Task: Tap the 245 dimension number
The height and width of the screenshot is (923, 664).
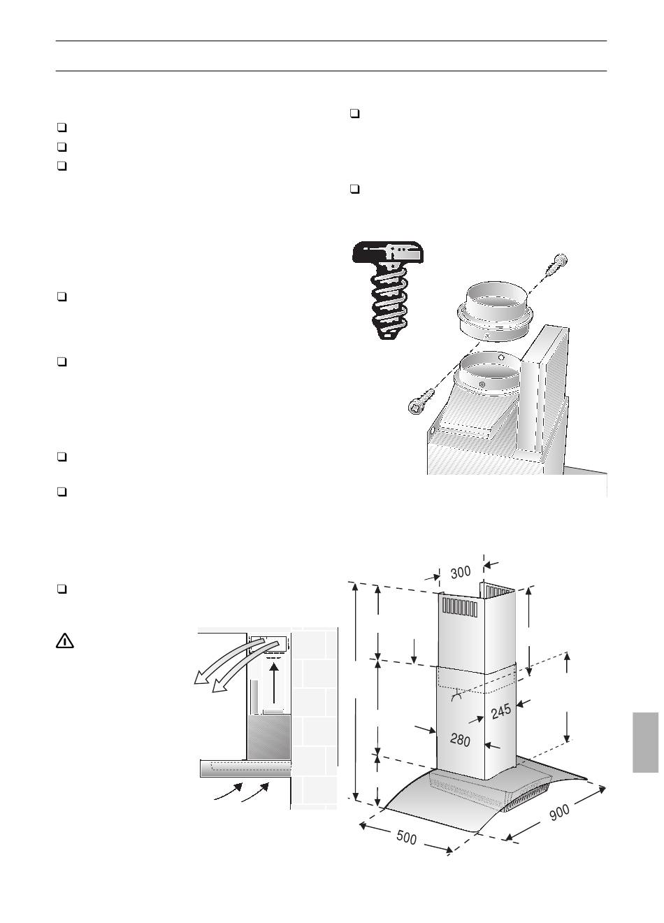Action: coord(500,710)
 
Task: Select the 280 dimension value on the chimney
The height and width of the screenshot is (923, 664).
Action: coord(460,740)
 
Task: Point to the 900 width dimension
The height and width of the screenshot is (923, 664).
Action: coord(559,811)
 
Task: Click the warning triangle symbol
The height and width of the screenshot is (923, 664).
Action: coord(65,641)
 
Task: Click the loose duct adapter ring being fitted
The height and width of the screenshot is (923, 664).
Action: coord(494,312)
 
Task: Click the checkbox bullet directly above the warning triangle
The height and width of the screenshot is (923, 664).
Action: coord(62,589)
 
